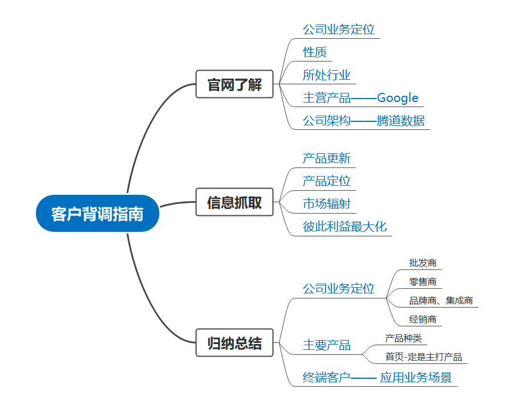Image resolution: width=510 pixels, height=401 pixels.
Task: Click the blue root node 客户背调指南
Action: tap(97, 214)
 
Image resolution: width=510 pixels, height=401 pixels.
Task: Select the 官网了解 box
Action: tap(235, 84)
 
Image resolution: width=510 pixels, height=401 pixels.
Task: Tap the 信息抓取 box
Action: tap(235, 202)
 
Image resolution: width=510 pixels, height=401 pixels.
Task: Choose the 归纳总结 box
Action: tap(235, 343)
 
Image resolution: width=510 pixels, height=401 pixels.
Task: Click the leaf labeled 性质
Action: tap(315, 52)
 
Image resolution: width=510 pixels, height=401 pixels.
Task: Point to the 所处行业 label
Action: tap(327, 75)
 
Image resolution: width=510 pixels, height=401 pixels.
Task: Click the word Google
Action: tap(397, 98)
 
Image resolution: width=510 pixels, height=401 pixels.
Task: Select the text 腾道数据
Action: tap(401, 121)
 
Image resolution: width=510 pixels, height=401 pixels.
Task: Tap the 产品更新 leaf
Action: tap(327, 158)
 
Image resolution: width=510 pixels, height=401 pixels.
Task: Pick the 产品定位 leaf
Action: tap(327, 181)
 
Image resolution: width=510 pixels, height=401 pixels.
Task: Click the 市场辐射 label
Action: tap(327, 204)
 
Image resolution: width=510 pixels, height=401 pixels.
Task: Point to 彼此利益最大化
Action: tap(344, 227)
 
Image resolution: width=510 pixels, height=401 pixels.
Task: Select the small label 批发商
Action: tap(423, 263)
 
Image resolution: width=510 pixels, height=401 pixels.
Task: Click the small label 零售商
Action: tap(423, 281)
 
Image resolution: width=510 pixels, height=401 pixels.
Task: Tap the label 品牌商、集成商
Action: tap(441, 300)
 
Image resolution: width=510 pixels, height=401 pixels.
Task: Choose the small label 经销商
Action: tap(423, 319)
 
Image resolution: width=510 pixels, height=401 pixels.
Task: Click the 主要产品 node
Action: tap(327, 345)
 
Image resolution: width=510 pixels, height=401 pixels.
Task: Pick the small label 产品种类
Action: tap(404, 338)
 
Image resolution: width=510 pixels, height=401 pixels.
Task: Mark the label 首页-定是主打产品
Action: tap(423, 357)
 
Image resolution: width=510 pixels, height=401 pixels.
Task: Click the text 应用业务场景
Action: tap(416, 377)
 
